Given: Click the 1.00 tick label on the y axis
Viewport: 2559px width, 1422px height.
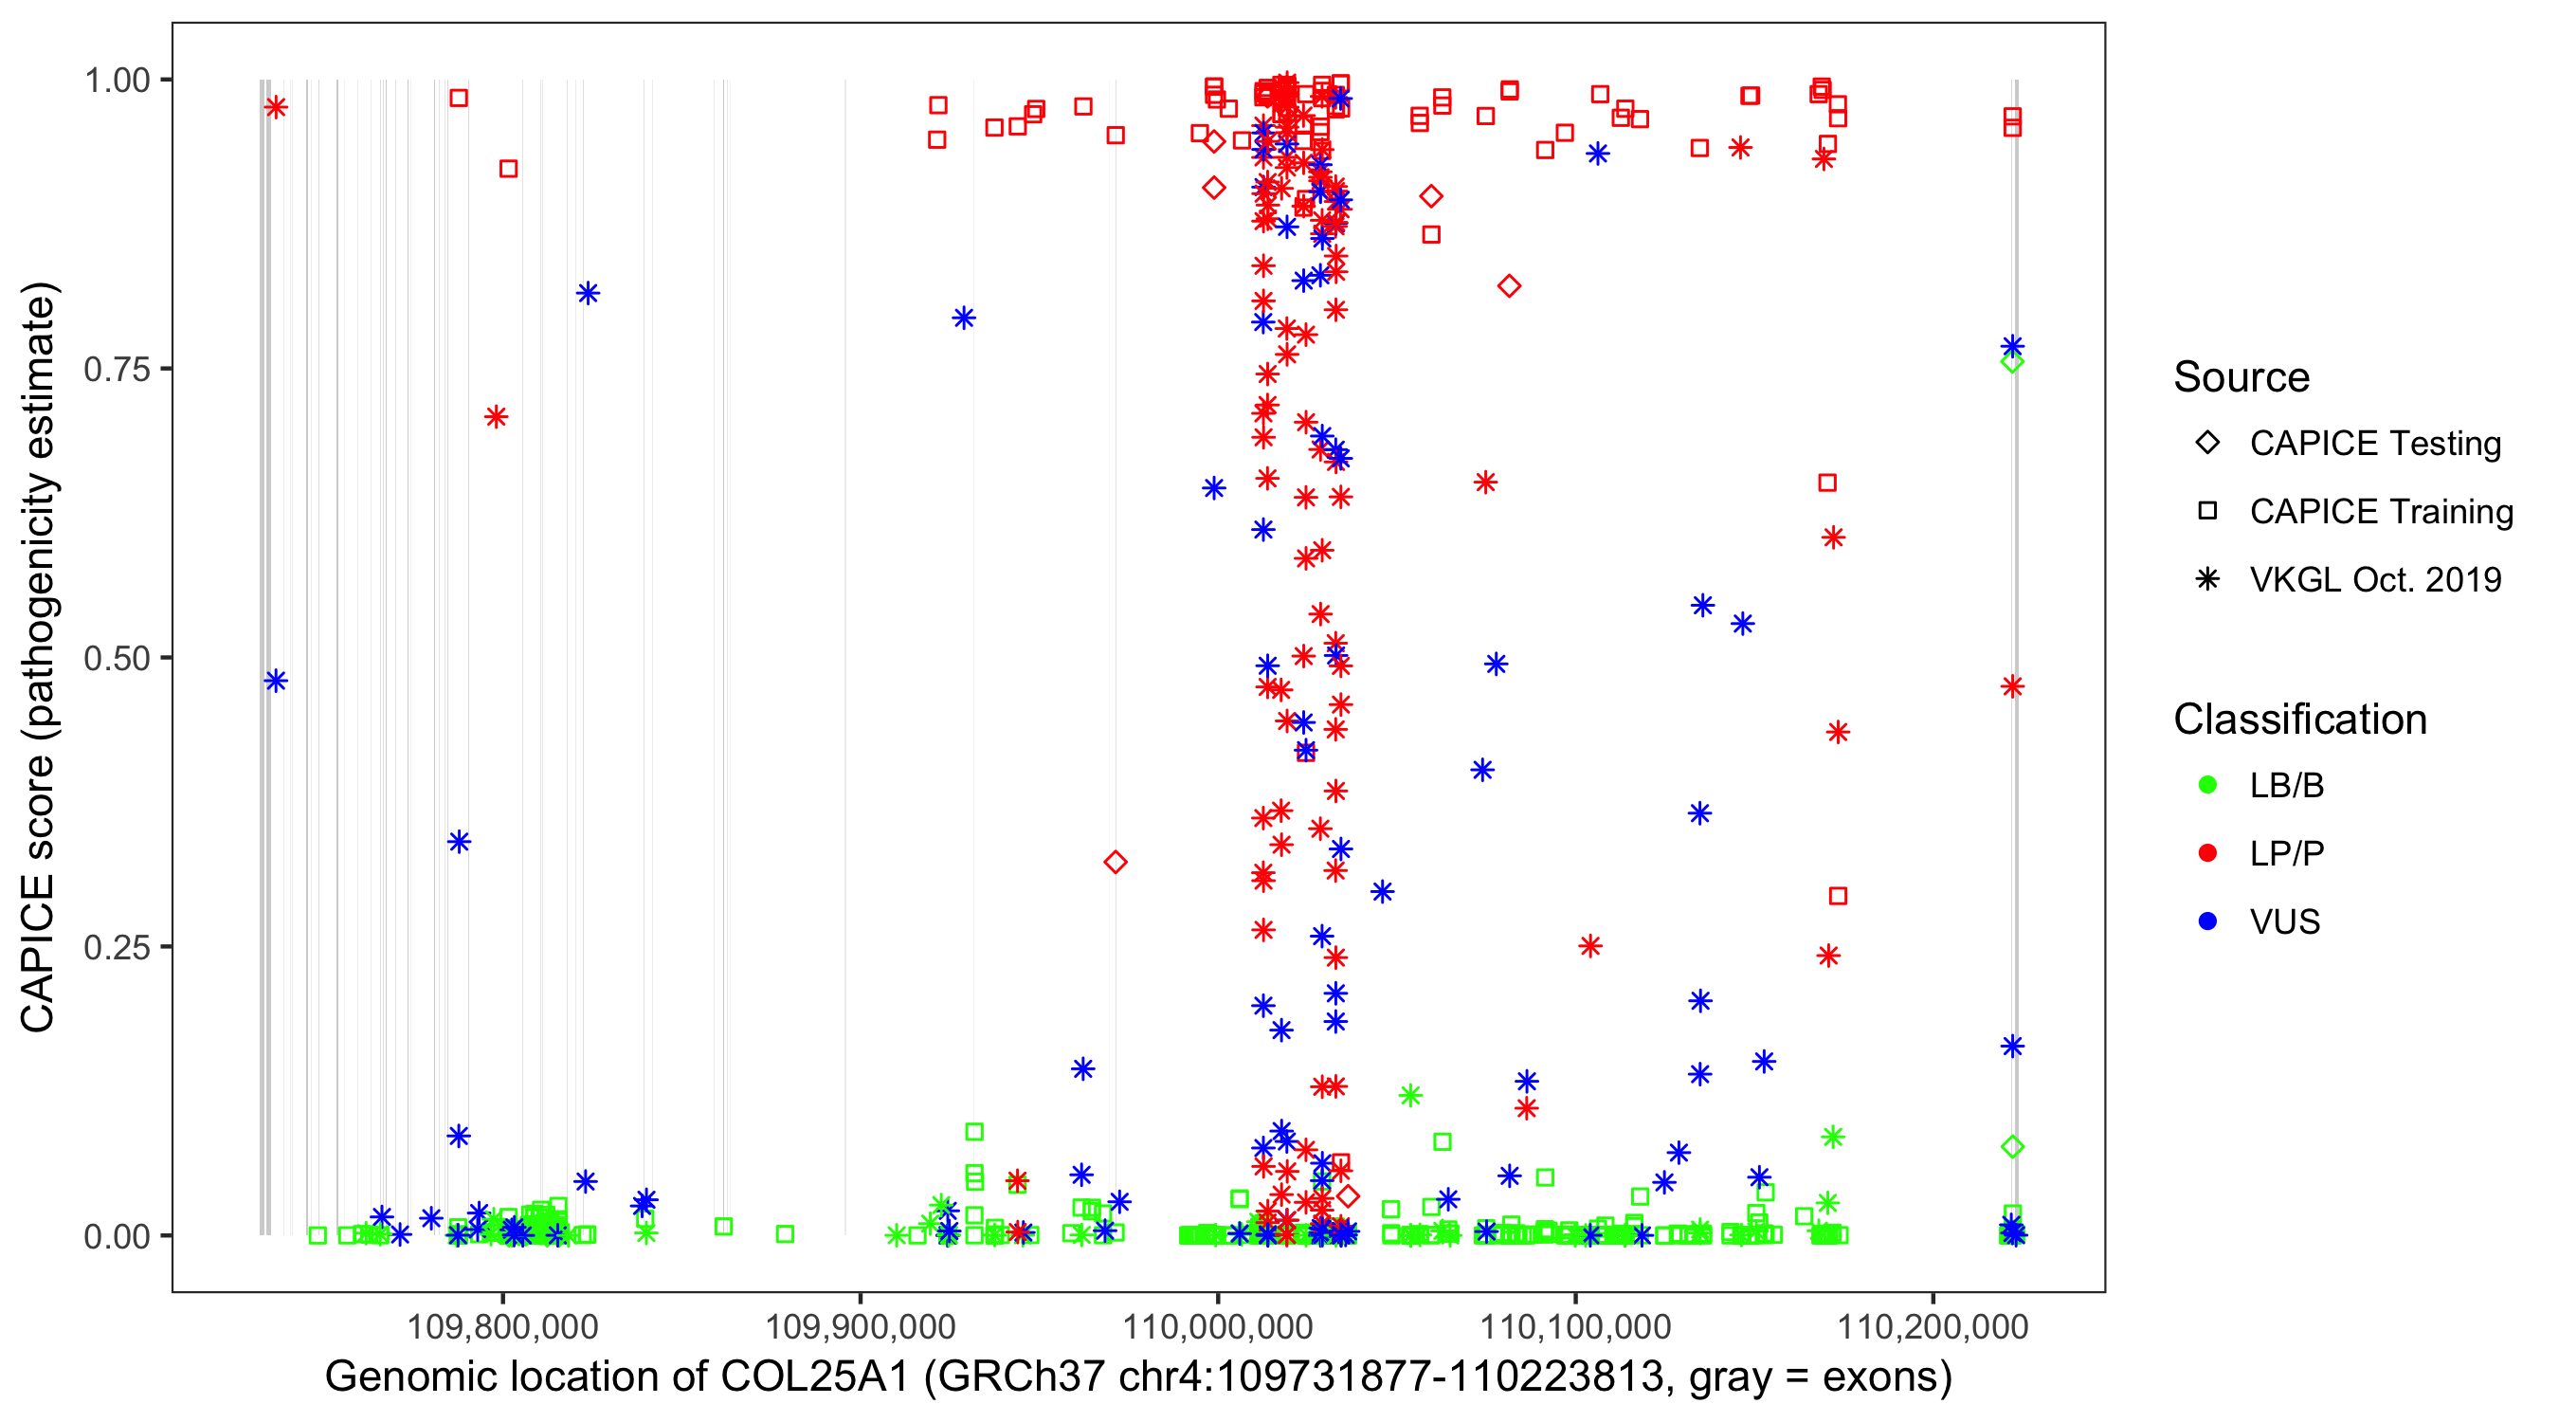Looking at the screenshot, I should click(117, 81).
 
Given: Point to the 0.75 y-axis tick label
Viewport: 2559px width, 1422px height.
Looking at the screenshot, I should click(117, 370).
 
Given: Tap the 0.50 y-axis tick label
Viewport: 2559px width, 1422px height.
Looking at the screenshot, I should click(117, 659).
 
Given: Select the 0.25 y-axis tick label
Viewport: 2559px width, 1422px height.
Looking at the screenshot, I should click(117, 947).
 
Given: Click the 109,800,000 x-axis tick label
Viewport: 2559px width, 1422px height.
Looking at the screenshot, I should click(502, 1326).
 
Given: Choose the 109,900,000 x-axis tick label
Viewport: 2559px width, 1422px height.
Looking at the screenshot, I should click(861, 1326).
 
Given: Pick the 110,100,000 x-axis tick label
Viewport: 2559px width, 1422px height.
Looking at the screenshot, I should click(1575, 1326).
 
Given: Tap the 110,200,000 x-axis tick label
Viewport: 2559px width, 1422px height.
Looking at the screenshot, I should click(1933, 1326).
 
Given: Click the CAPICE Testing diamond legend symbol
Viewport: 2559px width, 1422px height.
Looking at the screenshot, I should click(2207, 444).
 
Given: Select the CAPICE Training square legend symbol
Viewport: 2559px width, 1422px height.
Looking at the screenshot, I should click(2207, 512).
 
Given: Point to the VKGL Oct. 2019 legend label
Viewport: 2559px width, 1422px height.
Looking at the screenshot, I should click(2375, 580).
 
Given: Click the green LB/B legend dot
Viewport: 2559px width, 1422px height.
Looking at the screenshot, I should click(2207, 786).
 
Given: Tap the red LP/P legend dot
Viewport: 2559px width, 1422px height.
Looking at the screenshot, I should click(2207, 853).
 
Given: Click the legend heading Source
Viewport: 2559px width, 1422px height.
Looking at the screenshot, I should click(2241, 377).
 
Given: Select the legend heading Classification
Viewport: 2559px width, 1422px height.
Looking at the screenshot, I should click(2299, 720).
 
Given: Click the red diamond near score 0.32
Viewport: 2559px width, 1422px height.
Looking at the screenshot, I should click(1116, 863).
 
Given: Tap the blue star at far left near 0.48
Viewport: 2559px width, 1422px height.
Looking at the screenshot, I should click(276, 682).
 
